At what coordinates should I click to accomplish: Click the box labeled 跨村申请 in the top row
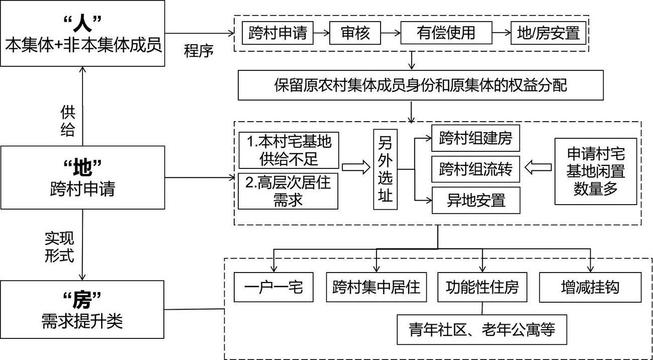(277, 33)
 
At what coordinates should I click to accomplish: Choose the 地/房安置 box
(548, 33)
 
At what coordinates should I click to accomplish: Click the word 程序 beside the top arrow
(199, 51)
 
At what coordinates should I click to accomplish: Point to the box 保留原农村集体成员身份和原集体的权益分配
(420, 85)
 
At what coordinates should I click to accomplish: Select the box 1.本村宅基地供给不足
(289, 150)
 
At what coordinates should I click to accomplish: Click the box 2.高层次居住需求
(288, 191)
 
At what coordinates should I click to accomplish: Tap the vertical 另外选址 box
(385, 169)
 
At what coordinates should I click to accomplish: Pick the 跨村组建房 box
(476, 138)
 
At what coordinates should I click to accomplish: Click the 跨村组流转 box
(476, 169)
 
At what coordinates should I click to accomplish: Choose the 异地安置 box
(476, 201)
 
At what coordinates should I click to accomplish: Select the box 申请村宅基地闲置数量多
(596, 171)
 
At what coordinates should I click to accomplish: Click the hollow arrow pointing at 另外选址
(355, 168)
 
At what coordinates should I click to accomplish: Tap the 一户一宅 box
(273, 287)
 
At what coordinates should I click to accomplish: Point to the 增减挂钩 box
(590, 287)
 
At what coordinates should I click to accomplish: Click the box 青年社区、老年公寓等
(482, 330)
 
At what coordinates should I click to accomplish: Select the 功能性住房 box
(482, 287)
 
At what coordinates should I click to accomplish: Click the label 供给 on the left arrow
(67, 121)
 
